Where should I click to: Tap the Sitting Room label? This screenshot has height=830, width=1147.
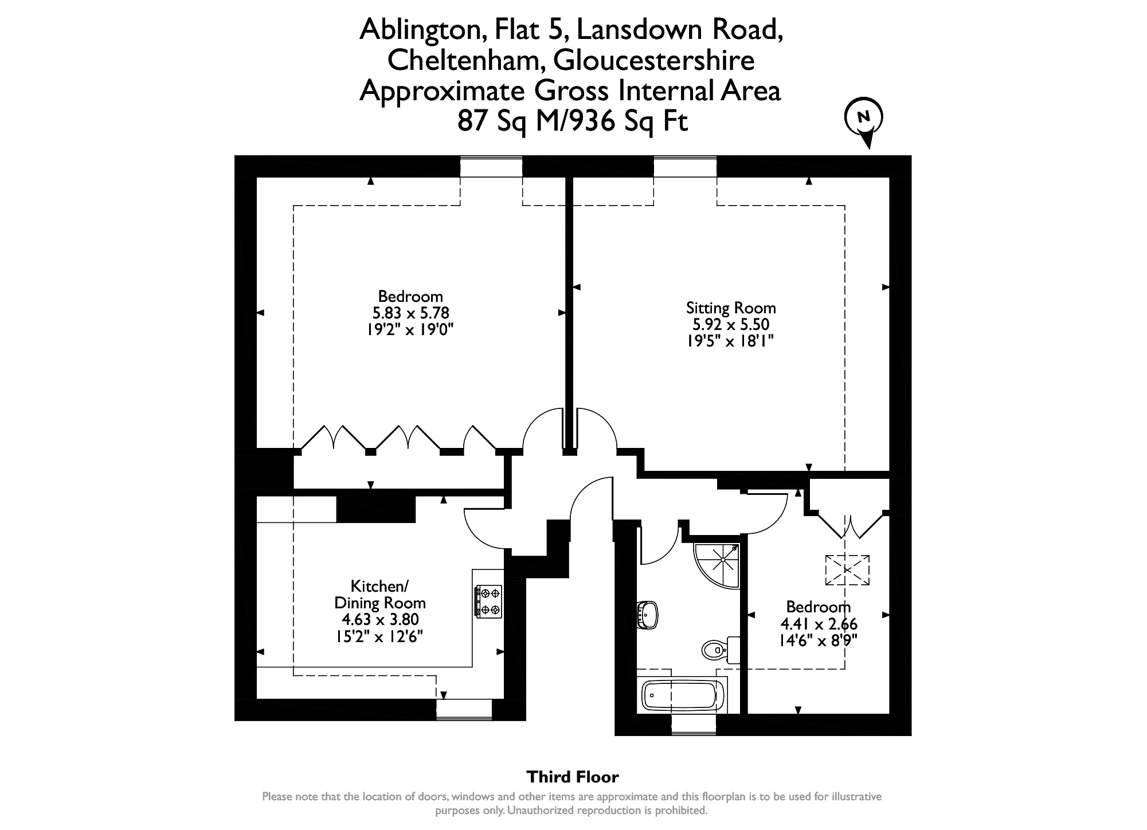(x=731, y=308)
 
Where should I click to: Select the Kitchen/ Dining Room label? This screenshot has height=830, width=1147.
(x=379, y=594)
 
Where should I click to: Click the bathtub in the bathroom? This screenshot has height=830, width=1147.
(x=679, y=695)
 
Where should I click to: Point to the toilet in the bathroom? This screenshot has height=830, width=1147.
(x=720, y=649)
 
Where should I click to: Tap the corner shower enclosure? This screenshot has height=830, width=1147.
(x=716, y=566)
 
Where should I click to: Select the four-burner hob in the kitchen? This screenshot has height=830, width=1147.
(x=488, y=601)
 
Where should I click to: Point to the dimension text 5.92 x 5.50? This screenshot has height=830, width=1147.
(x=731, y=324)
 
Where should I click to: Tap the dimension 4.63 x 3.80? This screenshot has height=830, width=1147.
(x=380, y=619)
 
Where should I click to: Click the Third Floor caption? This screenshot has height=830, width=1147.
(x=573, y=777)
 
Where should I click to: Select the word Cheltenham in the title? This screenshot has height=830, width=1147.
(x=464, y=61)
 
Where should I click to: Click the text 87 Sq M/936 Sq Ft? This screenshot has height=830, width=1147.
(x=572, y=121)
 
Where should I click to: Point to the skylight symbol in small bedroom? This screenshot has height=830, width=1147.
(x=847, y=570)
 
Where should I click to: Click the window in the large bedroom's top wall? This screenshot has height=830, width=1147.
(x=491, y=167)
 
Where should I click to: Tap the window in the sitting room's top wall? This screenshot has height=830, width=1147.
(x=685, y=167)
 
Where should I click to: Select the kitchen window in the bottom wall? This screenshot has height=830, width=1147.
(x=464, y=709)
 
